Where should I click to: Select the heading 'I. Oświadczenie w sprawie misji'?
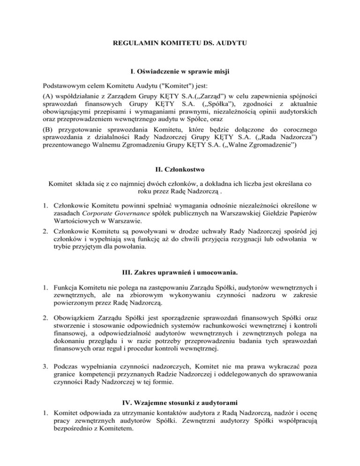180,74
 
